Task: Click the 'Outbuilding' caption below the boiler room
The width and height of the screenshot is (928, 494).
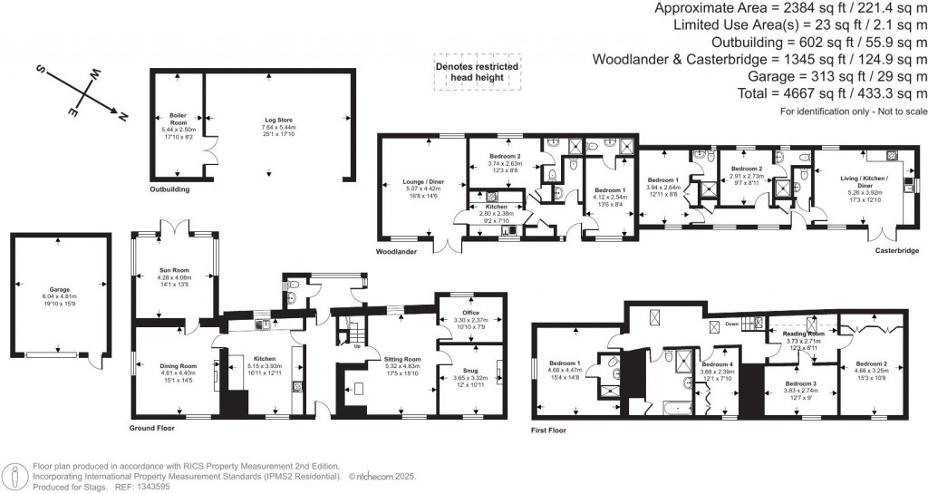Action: [x=169, y=189]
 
